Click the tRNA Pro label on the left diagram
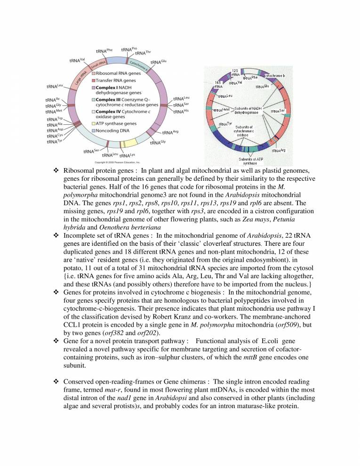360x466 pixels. (x=128, y=49)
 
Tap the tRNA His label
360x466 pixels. (x=181, y=112)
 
